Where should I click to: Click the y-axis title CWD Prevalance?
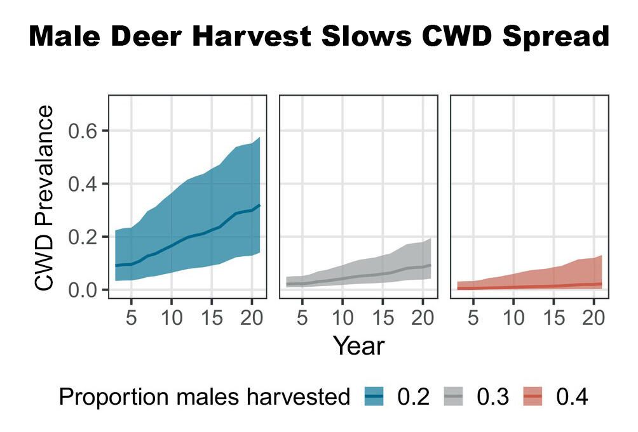pos(44,199)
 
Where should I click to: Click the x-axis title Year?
pos(358,346)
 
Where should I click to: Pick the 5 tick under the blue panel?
pos(131,317)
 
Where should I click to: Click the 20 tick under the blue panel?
pos(252,317)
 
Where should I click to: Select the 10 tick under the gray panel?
pos(343,317)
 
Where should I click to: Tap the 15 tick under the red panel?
pos(553,317)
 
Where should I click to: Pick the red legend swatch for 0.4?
pos(534,397)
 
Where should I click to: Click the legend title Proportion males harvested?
pos(204,398)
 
